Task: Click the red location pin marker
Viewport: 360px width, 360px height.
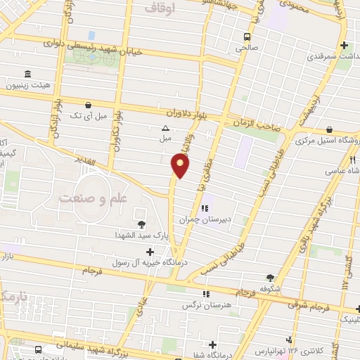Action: [x=181, y=166]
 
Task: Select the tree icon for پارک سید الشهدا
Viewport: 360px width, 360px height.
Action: [x=143, y=224]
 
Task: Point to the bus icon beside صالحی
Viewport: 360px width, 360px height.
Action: [x=247, y=37]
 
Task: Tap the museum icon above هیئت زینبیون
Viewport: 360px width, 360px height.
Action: [x=27, y=74]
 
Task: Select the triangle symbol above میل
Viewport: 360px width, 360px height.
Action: [x=165, y=128]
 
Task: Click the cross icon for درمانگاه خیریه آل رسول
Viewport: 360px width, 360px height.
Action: [x=150, y=251]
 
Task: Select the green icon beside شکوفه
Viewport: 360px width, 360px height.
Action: [x=270, y=277]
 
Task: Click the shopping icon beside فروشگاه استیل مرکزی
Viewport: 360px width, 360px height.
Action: [x=330, y=130]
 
